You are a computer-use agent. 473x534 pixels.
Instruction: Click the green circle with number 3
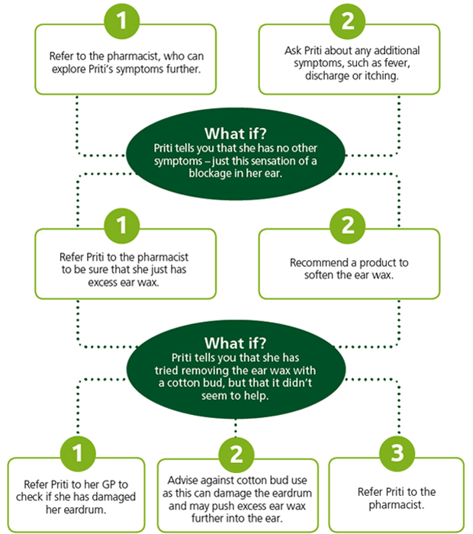point(397,454)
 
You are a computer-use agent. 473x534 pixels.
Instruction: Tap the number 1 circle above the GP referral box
point(78,454)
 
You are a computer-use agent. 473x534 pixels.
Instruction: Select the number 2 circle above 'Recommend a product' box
point(348,226)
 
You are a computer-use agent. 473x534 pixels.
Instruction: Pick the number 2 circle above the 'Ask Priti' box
point(348,21)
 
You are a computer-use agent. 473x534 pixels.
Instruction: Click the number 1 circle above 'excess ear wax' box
point(122,226)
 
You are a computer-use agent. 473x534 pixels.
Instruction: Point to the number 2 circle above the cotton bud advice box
point(236,455)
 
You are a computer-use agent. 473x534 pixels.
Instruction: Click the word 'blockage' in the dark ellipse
point(209,173)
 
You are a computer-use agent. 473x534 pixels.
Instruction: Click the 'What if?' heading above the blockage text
point(236,133)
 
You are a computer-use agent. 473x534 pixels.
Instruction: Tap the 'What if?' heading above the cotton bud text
point(236,343)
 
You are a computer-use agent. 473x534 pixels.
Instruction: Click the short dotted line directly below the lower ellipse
point(236,428)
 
